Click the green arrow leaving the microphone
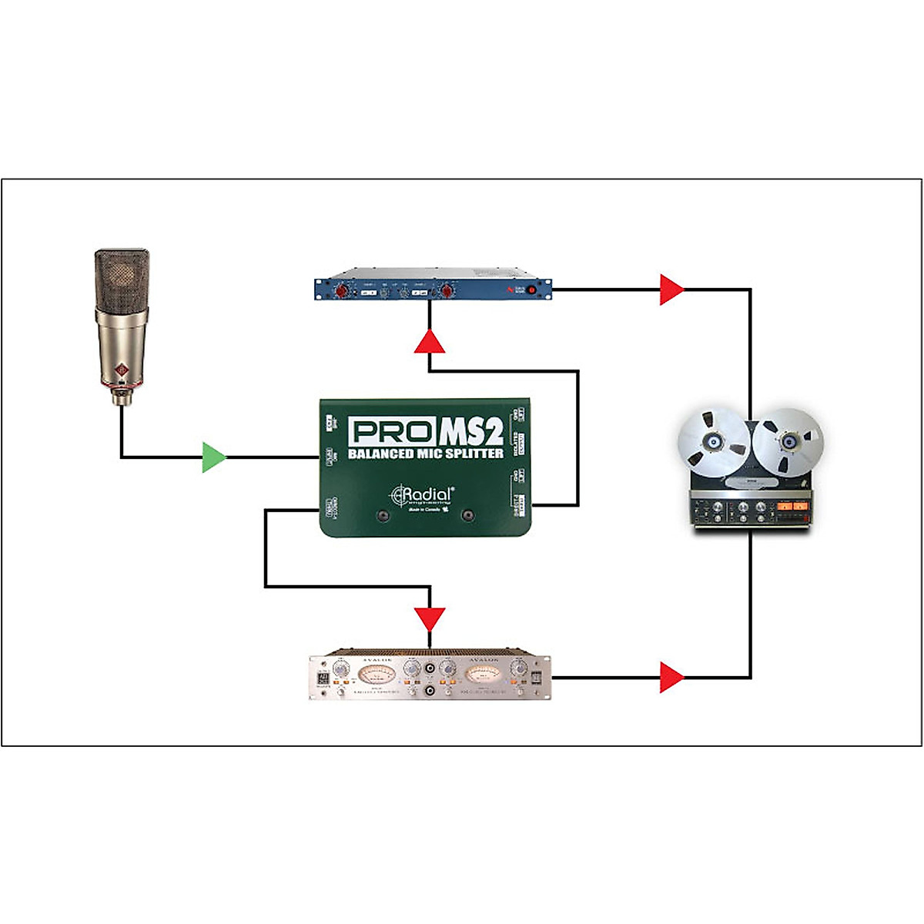(213, 457)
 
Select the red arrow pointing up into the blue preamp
(430, 341)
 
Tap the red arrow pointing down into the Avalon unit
(430, 618)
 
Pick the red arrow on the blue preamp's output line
(671, 290)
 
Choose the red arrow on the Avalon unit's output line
(671, 678)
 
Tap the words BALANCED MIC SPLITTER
(426, 454)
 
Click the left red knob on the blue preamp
(340, 291)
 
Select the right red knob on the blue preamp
(445, 291)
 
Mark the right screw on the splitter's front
(467, 516)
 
